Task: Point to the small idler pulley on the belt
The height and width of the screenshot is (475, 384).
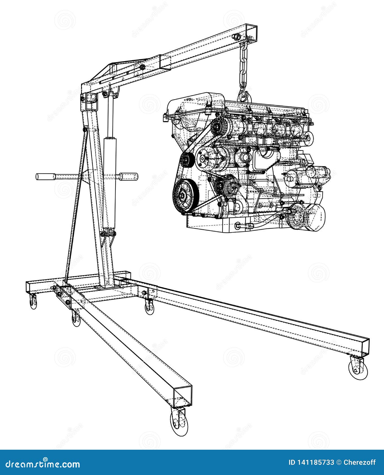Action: click(x=186, y=160)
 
